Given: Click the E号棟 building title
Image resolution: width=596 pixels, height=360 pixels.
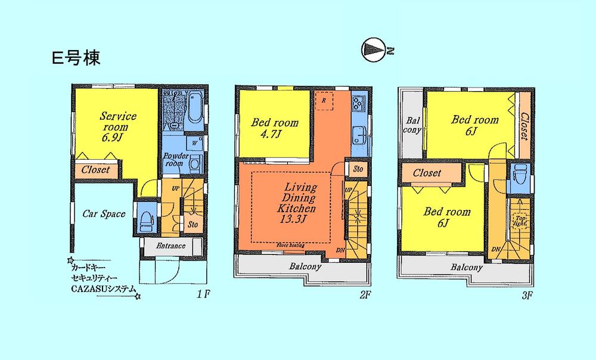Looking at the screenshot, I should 75,58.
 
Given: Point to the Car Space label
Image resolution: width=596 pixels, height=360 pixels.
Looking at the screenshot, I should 104,214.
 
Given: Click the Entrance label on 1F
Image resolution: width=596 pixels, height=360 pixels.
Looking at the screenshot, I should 171,246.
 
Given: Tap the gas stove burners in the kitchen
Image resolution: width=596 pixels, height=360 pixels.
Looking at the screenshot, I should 359,104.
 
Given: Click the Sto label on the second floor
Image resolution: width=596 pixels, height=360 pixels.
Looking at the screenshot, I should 358,169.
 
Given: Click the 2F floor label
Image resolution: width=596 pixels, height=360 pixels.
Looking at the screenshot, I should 365,294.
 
